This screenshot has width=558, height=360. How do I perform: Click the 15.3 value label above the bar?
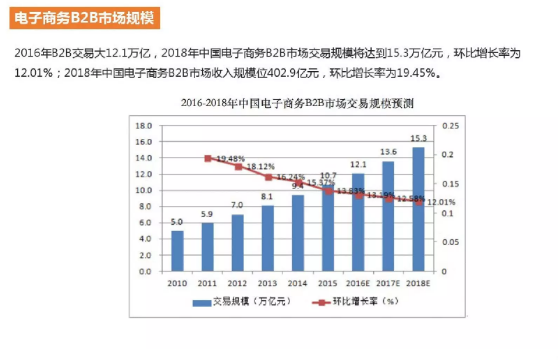[x=418, y=138]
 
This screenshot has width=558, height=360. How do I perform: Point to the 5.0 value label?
[x=176, y=222]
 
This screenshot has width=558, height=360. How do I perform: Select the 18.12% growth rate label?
[x=260, y=166]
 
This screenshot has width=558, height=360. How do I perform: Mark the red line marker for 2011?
[x=207, y=158]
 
